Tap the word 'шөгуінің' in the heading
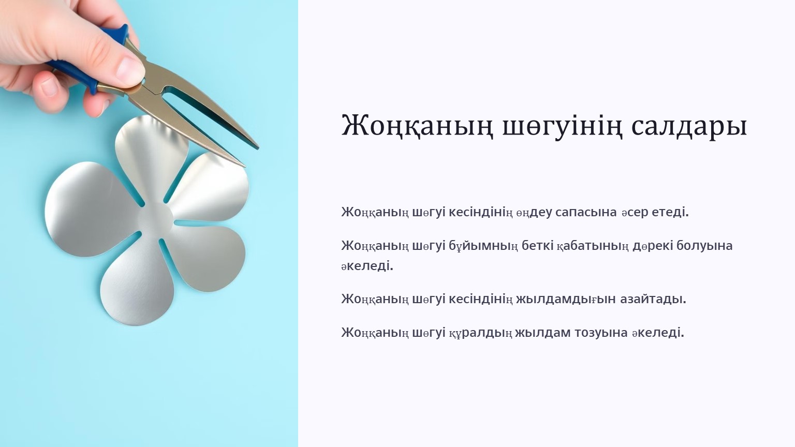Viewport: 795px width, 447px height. click(x=562, y=126)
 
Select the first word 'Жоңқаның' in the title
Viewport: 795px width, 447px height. click(x=417, y=126)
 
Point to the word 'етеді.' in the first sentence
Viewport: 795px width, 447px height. click(x=670, y=212)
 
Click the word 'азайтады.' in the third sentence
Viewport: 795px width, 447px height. click(x=653, y=299)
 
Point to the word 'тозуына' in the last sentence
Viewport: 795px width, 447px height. click(x=601, y=333)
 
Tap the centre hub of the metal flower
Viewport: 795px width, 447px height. click(x=155, y=216)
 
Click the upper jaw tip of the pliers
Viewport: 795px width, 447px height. click(x=257, y=147)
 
